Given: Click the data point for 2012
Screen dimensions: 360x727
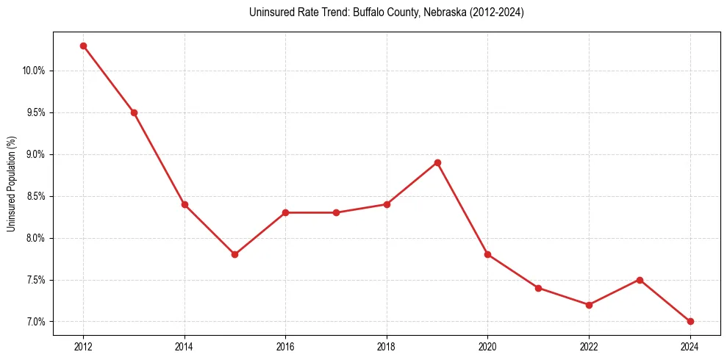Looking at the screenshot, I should [x=83, y=46].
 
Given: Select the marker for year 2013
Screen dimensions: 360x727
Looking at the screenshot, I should [x=134, y=112].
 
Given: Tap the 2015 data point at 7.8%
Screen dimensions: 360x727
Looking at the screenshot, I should [x=234, y=254].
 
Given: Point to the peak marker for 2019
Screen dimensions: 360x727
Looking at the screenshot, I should [x=437, y=162].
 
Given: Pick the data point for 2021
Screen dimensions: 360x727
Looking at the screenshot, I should [x=538, y=288].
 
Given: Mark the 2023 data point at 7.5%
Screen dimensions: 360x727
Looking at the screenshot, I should [x=640, y=280].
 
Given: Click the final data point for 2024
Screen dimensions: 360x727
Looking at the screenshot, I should [x=690, y=321].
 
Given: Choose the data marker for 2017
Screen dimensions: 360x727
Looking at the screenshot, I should [x=336, y=212].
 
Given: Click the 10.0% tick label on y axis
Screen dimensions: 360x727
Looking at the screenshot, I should [x=34, y=71].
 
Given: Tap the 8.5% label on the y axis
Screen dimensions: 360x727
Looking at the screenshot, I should [x=35, y=196].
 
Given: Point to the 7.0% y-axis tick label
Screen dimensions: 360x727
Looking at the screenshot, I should [x=35, y=322].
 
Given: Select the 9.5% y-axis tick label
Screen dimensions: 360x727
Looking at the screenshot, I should [x=35, y=112].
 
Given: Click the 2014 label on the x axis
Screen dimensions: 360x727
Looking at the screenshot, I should [x=185, y=347].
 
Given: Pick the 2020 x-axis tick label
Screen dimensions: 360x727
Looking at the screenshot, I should [x=487, y=347].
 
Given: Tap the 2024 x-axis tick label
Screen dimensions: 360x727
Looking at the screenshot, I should [x=690, y=347].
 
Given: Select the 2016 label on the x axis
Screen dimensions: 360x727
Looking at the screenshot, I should [x=285, y=347].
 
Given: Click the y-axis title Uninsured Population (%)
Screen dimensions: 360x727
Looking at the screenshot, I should [x=12, y=184].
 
